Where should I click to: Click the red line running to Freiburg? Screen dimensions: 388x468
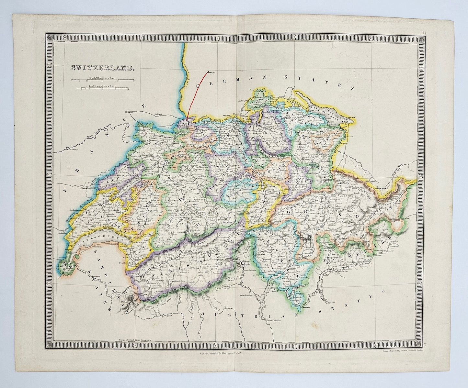click(x=195, y=94)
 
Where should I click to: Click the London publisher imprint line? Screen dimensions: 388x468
click(x=226, y=354)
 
